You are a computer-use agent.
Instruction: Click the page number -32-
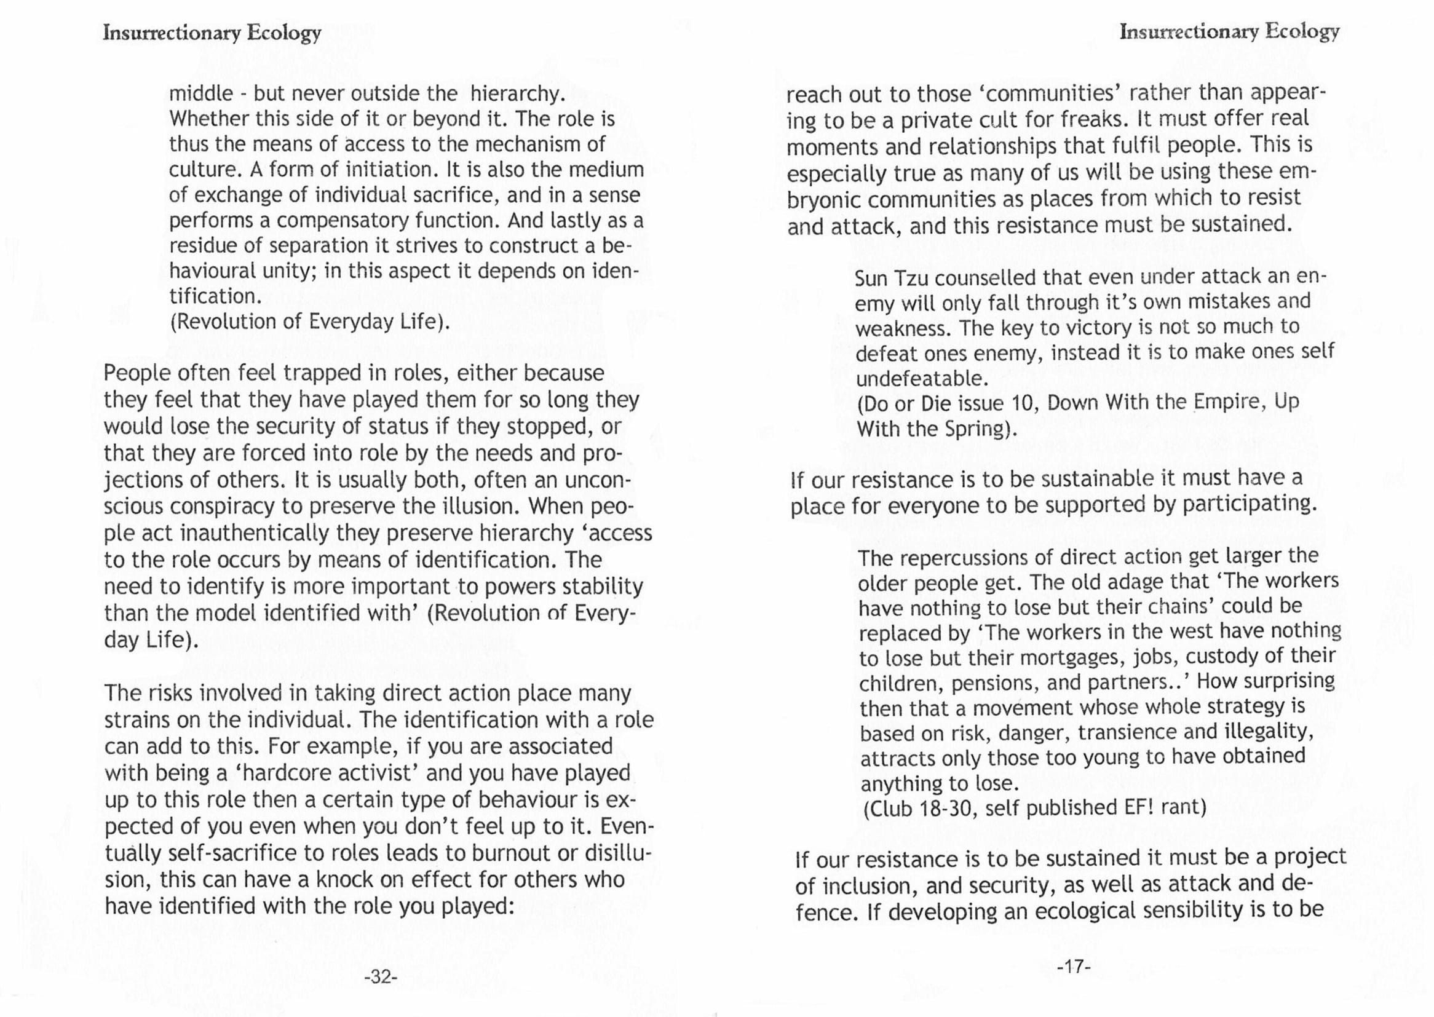pos(381,976)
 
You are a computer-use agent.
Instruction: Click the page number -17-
pos(1074,967)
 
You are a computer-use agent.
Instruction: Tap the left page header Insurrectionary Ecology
pos(212,33)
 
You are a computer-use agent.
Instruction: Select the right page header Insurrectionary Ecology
pos(1229,31)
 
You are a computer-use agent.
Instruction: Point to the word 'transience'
pos(1128,733)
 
